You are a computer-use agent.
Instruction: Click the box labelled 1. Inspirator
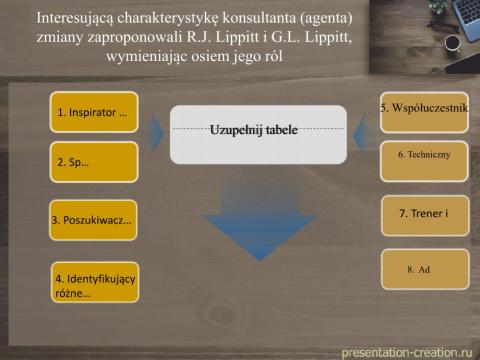93,112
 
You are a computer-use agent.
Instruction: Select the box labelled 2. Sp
93,162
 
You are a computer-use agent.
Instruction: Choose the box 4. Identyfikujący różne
93,282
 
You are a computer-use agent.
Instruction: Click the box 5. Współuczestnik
424,108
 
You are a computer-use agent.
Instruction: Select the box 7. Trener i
424,214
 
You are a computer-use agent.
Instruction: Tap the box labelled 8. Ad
424,270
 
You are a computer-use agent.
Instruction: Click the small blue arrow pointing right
156,130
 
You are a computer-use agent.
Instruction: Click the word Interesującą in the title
80,17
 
